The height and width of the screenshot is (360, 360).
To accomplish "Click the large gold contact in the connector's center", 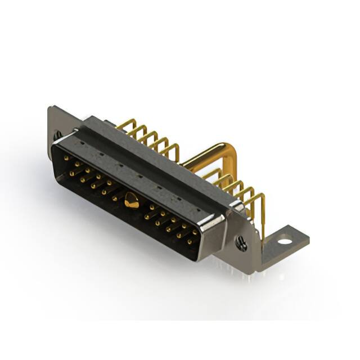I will pyautogui.click(x=131, y=200).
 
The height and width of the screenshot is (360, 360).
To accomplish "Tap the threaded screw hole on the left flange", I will pyautogui.click(x=57, y=135).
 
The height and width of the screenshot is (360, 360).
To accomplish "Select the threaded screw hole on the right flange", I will pyautogui.click(x=242, y=244).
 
